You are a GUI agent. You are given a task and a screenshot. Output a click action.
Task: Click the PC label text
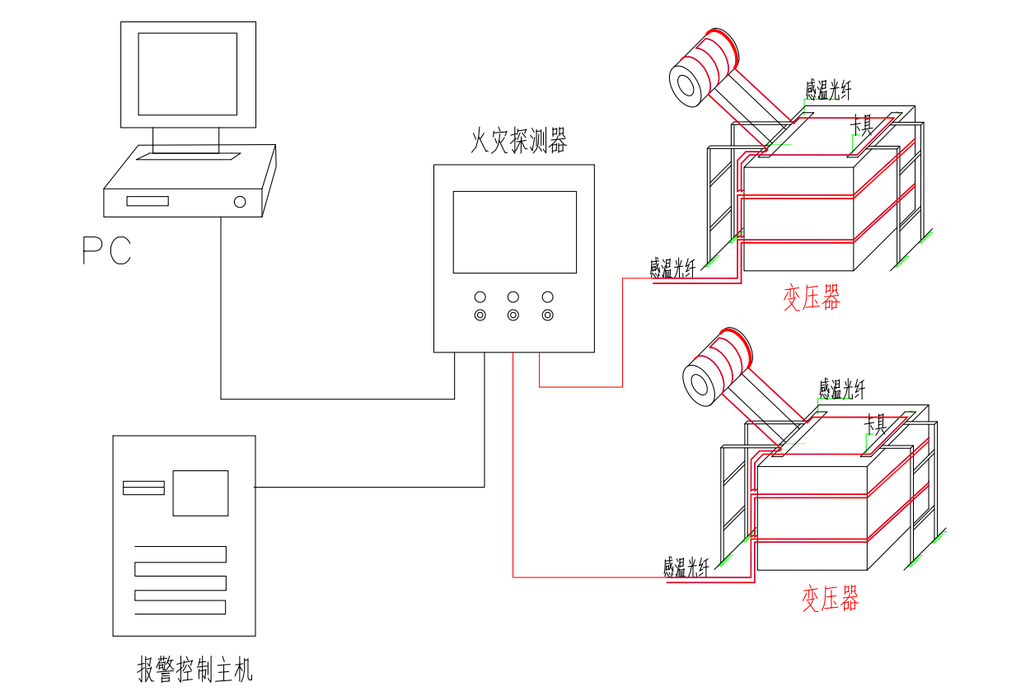point(107,250)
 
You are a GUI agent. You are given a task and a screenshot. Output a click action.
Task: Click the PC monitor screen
point(187,74)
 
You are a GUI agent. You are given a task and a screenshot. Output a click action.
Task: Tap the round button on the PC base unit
point(240,201)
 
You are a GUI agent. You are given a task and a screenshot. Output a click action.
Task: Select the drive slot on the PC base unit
point(147,201)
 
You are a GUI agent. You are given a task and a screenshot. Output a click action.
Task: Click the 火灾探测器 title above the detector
point(518,142)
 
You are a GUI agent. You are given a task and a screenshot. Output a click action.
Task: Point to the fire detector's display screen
point(514,232)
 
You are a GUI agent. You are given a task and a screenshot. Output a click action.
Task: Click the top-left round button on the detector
point(480,297)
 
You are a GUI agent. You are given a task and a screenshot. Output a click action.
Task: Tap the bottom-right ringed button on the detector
point(547,315)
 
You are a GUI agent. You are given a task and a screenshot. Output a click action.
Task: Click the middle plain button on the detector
point(513,297)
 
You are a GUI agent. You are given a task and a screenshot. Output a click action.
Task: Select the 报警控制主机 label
point(194,670)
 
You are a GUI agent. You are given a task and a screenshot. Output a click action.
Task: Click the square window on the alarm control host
point(200,493)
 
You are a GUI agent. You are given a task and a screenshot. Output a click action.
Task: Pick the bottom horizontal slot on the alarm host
point(180,607)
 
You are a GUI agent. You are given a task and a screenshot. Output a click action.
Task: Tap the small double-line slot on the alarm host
point(143,488)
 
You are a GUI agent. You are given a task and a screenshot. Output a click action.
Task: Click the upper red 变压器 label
point(812,298)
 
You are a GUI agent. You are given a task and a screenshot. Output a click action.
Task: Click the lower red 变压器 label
point(830,599)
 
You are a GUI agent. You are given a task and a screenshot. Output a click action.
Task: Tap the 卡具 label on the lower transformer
point(874,425)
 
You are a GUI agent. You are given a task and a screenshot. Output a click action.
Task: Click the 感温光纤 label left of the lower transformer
point(686,568)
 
